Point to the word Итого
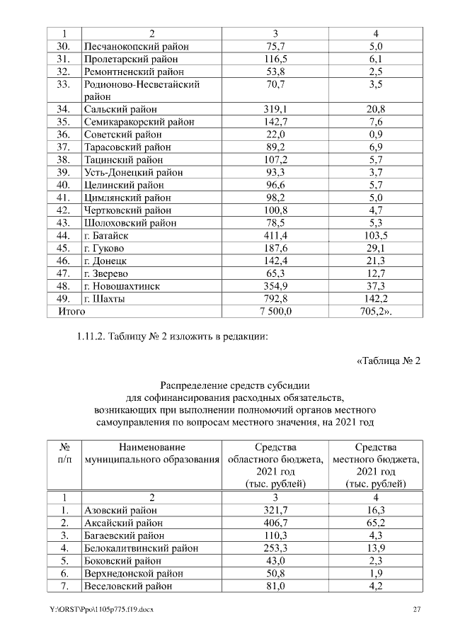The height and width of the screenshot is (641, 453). [x=71, y=311]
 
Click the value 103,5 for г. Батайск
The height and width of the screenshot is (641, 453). [x=376, y=235]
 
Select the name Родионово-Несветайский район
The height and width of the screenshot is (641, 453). [x=142, y=90]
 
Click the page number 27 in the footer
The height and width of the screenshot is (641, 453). [x=417, y=609]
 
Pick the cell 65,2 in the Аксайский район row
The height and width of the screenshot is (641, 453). [x=376, y=522]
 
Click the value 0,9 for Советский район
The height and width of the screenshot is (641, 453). [x=376, y=135]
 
